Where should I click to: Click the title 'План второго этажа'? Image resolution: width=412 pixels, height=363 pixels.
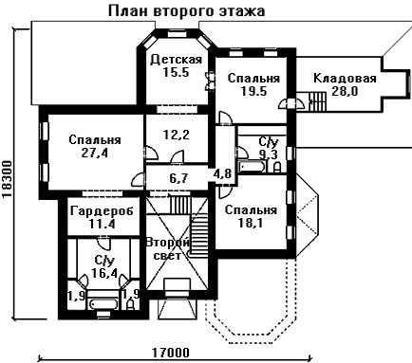(187, 11)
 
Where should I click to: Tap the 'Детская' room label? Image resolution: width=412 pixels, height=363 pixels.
(176, 60)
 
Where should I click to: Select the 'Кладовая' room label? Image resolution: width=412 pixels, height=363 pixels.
(345, 79)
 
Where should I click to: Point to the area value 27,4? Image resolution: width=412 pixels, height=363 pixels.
(95, 154)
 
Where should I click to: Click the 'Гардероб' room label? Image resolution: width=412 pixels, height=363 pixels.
(102, 211)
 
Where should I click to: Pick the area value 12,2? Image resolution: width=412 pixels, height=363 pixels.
(177, 135)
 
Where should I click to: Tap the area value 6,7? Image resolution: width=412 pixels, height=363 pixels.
(178, 178)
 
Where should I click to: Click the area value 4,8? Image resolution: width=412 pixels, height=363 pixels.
(222, 173)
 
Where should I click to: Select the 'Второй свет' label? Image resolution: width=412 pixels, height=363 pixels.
(167, 249)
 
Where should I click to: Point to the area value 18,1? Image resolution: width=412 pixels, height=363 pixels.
(251, 223)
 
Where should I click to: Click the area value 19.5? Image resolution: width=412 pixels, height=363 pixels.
(254, 91)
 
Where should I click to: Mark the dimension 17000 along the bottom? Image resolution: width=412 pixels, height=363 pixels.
(171, 353)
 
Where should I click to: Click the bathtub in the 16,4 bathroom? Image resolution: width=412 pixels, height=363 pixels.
(103, 303)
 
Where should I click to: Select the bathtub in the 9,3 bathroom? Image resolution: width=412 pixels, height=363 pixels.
(253, 167)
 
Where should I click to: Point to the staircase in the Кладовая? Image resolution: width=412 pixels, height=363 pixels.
(317, 101)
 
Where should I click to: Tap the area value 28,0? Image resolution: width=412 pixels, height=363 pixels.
(345, 91)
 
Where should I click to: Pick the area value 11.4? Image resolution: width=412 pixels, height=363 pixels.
(102, 225)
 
